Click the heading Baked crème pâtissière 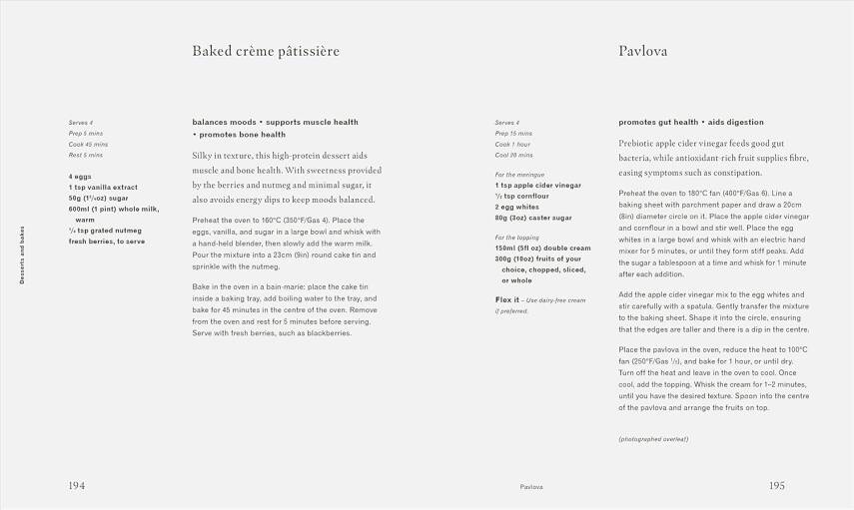click(x=266, y=51)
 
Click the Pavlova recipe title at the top click(x=643, y=51)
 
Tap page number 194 click(x=76, y=486)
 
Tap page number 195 click(x=777, y=486)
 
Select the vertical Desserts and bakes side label click(x=22, y=255)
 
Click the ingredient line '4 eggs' click(x=81, y=177)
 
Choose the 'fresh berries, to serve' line click(x=107, y=242)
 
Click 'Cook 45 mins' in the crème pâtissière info click(x=87, y=144)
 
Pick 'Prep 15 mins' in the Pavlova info click(x=513, y=133)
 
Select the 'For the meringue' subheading click(x=521, y=175)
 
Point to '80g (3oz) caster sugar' click(x=533, y=218)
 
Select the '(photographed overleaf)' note click(x=653, y=439)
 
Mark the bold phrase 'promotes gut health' click(x=659, y=123)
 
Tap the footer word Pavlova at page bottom click(x=531, y=487)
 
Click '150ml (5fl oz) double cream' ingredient click(x=542, y=249)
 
